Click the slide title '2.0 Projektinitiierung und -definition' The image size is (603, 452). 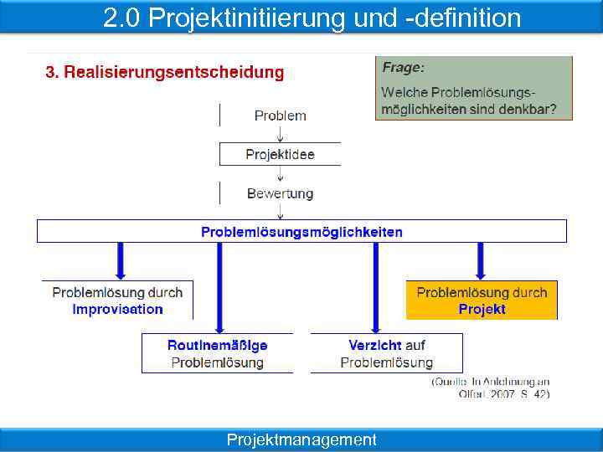pos(312,18)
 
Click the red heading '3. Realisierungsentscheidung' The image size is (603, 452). pos(165,72)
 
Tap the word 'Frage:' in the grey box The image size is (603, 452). pos(404,67)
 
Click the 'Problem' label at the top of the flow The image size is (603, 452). pos(281,116)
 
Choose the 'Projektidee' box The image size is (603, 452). pos(280,154)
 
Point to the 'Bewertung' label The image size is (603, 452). pos(280,193)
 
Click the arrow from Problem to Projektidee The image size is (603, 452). pos(281,133)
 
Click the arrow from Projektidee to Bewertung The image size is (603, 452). pos(281,174)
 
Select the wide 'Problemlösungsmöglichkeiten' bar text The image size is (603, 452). pos(301,232)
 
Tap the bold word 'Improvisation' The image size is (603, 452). pos(118,309)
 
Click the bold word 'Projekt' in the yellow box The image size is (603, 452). pos(482,309)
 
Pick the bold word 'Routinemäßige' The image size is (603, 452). pos(218,345)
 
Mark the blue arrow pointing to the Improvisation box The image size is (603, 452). pos(120,260)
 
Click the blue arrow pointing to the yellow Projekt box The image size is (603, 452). pos(481,260)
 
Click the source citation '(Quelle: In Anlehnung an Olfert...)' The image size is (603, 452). pos(491,387)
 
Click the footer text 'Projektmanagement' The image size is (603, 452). pos(301,439)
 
